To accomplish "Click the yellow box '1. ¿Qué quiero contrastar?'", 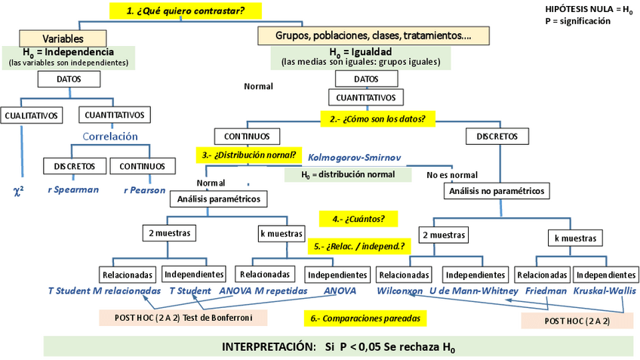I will tap(185, 11).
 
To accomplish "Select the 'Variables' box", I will tap(63, 38).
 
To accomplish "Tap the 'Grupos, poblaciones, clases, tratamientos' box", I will tap(374, 35).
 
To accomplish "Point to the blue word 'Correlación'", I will tap(110, 137).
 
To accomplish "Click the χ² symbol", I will tap(19, 191).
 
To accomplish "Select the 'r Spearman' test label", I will tap(73, 189).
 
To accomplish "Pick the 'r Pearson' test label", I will tap(144, 190).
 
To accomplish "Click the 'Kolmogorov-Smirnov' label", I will tap(354, 158).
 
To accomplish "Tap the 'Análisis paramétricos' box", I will tap(219, 198).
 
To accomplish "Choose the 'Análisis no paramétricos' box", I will tap(497, 191).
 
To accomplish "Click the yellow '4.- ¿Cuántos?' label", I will tap(358, 219).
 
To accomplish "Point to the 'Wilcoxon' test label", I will tap(399, 291).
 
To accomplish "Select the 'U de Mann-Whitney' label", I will tap(474, 291).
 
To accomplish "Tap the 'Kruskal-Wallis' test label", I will tap(605, 291).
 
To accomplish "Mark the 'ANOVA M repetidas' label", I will tap(263, 291).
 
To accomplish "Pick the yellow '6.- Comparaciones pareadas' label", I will tap(365, 318).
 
